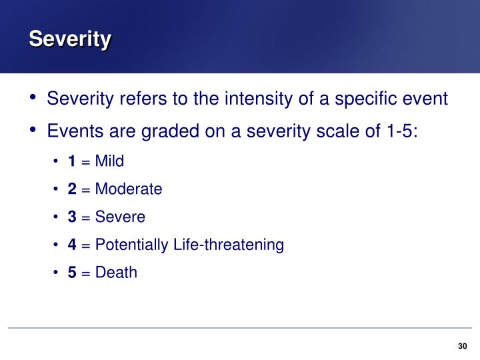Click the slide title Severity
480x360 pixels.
[69, 39]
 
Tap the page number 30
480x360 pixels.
[463, 345]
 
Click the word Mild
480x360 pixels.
[109, 161]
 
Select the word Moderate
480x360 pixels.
[129, 189]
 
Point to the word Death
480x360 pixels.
[116, 273]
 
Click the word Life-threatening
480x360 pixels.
[229, 245]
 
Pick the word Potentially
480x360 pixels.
[132, 245]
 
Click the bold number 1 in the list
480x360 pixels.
[71, 161]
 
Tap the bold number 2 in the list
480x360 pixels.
[71, 189]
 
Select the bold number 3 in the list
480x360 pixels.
[71, 217]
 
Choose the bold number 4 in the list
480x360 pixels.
[71, 245]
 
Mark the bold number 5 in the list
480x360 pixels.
[71, 273]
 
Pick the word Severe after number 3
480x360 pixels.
[120, 217]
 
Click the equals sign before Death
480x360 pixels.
[86, 273]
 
